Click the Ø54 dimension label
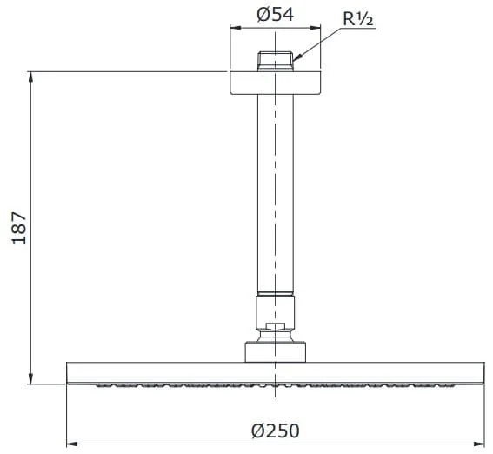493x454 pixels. [275, 15]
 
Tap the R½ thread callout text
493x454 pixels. [358, 19]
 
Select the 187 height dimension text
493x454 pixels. [18, 228]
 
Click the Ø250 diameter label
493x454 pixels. [276, 431]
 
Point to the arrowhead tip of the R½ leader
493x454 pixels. [293, 60]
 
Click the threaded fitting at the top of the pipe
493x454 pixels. [276, 61]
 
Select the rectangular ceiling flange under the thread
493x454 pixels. [276, 83]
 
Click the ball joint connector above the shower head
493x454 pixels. [276, 319]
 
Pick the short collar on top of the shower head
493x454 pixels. [276, 352]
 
